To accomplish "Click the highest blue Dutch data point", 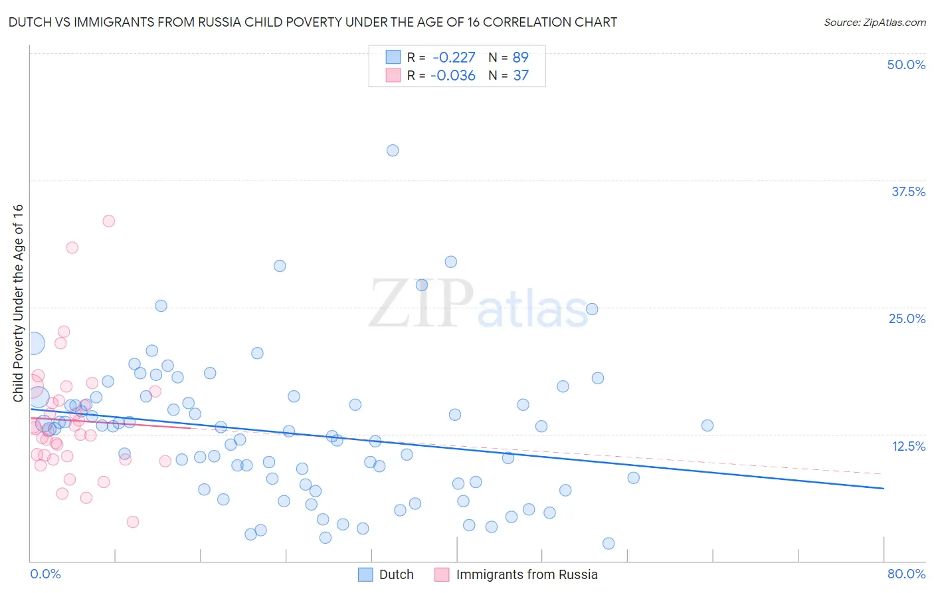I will pos(393,150).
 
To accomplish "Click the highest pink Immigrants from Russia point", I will pos(109,221).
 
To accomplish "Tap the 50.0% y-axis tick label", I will pos(906,64).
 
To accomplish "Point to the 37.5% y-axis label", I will pos(908,191).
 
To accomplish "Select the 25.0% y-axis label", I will pos(907,318).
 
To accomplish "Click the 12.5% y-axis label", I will pos(908,446).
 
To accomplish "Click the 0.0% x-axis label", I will pos(45,574).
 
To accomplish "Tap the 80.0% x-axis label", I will pos(906,574).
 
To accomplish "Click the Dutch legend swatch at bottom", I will pos(365,574).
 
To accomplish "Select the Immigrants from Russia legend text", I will pos(527,574).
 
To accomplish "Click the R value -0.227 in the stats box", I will pos(454,58).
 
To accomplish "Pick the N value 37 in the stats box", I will pos(521,76).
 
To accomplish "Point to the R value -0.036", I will pos(453,76).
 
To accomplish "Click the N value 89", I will pos(521,58).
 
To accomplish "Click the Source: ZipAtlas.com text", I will pos(874,23).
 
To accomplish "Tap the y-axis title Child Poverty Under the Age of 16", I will pos(19,303).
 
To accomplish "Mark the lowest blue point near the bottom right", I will pos(608,543).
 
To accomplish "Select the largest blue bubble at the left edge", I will pos(33,343).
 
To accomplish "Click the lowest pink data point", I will pos(133,522).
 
